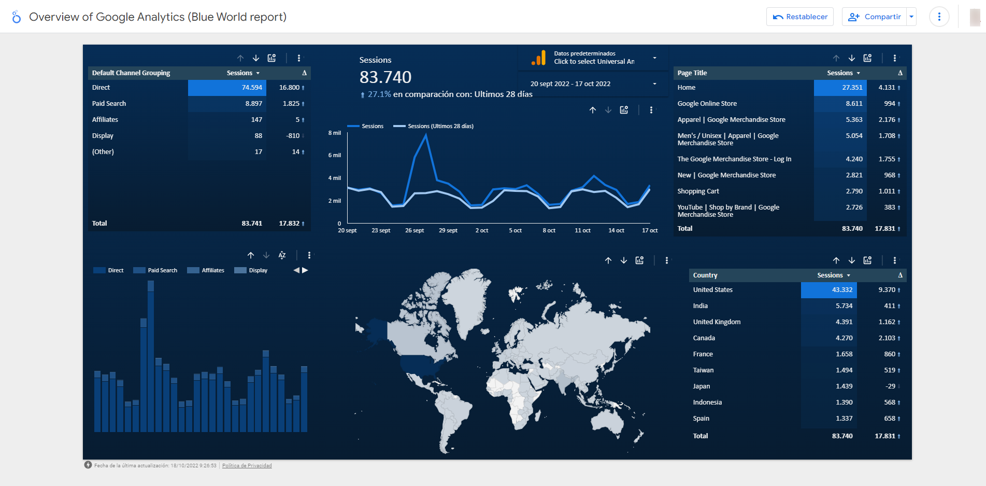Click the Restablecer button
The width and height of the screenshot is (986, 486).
pos(800,17)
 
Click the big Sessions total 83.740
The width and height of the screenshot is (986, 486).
pos(385,77)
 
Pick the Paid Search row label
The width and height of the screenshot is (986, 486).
pos(109,104)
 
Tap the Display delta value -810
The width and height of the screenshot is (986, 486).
pos(293,136)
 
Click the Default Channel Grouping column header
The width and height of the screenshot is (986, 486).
pos(131,73)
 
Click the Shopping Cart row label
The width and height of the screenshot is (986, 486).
pos(698,191)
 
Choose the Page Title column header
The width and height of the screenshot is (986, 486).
pos(692,73)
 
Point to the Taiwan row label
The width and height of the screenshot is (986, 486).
pos(703,370)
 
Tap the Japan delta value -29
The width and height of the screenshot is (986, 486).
pos(890,386)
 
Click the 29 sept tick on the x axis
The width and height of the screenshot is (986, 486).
pos(448,230)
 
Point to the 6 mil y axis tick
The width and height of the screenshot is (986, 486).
pos(334,155)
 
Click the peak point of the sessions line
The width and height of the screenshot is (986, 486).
pos(426,134)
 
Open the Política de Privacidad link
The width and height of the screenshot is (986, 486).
pos(247,466)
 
